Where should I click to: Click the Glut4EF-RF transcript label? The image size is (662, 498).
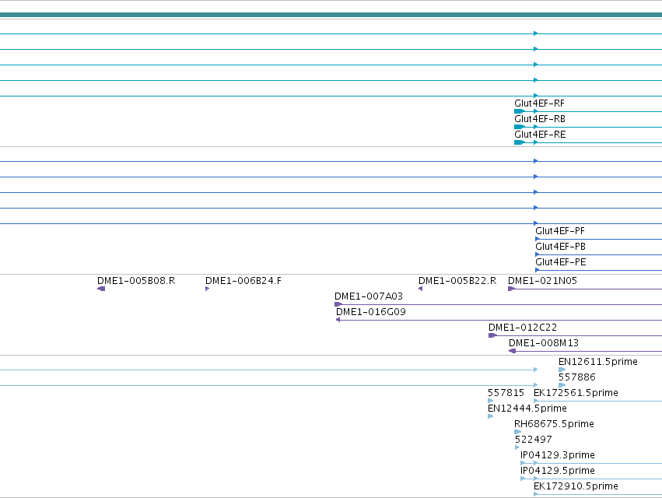(x=539, y=103)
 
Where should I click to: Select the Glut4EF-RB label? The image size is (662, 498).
(x=540, y=119)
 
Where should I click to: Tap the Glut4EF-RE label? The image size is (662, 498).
(x=540, y=135)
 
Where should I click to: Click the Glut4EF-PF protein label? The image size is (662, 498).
(x=560, y=231)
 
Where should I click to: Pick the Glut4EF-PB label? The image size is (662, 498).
(x=560, y=247)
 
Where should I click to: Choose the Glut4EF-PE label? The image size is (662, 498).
(x=561, y=262)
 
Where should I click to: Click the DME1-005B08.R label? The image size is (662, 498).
(x=136, y=281)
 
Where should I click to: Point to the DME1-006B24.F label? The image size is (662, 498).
(x=243, y=281)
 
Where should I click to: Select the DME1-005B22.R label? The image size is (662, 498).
(x=457, y=281)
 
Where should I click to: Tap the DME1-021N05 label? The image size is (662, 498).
(x=542, y=281)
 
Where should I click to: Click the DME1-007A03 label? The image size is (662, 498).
(x=369, y=296)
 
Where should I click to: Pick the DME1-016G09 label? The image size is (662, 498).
(x=371, y=312)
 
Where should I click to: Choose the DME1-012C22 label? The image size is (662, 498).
(x=523, y=328)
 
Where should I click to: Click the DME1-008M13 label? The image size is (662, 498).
(x=543, y=343)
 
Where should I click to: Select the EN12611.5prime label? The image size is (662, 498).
(x=598, y=362)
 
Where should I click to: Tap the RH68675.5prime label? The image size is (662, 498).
(x=554, y=424)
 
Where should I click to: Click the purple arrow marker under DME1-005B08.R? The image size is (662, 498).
(x=101, y=289)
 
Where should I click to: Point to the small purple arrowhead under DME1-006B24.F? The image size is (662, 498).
(x=207, y=289)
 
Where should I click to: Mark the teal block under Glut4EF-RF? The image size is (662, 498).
(x=520, y=111)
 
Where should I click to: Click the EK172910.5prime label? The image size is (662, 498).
(x=576, y=486)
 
